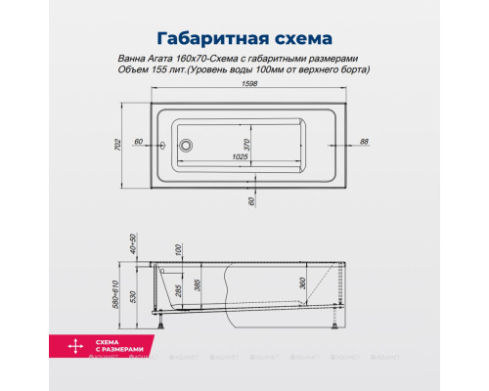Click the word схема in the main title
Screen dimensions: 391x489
pos(297,40)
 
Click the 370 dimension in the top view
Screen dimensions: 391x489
pos(248,144)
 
